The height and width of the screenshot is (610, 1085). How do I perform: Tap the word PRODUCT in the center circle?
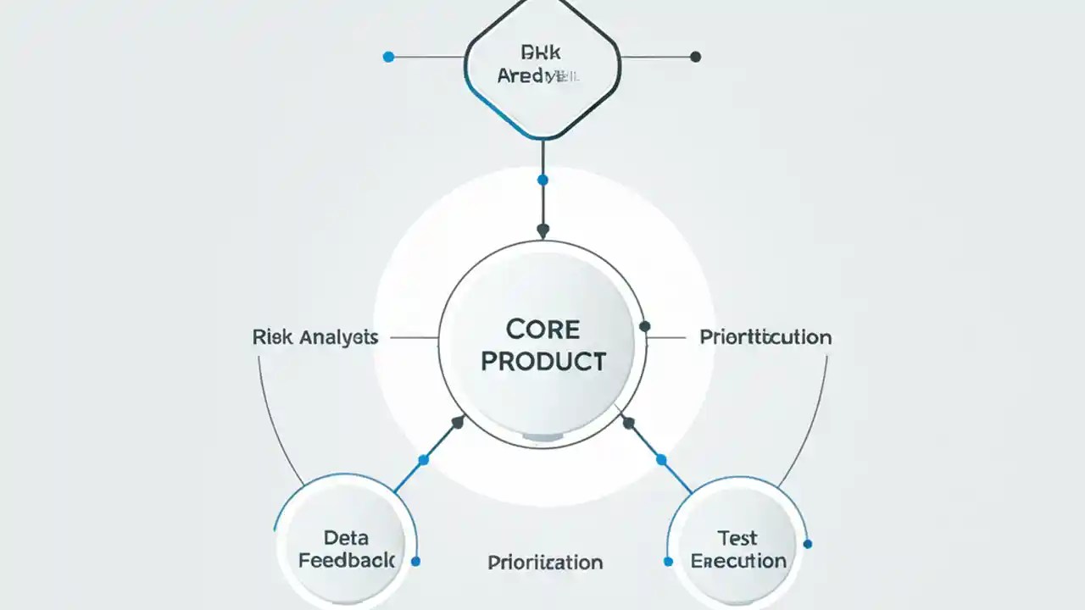pos(543,362)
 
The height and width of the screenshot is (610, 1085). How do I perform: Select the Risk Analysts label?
pos(315,337)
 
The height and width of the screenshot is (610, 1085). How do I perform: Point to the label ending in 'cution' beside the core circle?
pos(765,337)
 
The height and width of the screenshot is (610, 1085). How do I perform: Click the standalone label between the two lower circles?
pos(545,562)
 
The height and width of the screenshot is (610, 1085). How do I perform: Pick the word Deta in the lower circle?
pos(345,537)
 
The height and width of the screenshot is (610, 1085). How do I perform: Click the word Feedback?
pos(347,561)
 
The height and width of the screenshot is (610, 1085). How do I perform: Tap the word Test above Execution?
pos(737,537)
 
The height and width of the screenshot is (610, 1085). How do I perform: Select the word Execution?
pos(738,561)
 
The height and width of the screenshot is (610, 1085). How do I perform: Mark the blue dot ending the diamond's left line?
pos(388,57)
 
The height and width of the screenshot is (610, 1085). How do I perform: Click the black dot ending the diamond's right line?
pos(696,57)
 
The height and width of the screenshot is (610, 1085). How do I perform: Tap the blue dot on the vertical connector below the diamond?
pos(542,180)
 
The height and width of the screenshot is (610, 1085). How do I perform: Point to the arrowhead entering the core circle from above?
pos(542,230)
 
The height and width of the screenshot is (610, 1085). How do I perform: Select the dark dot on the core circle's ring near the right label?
pos(644,326)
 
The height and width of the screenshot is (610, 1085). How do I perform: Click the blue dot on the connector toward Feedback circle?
pos(424,459)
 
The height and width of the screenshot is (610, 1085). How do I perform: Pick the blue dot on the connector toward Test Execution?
pos(661,459)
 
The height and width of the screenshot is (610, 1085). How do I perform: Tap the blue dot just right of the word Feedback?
pos(415,561)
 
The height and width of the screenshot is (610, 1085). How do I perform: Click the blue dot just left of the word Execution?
pos(668,561)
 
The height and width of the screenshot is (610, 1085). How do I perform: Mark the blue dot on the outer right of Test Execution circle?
pos(807,544)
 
